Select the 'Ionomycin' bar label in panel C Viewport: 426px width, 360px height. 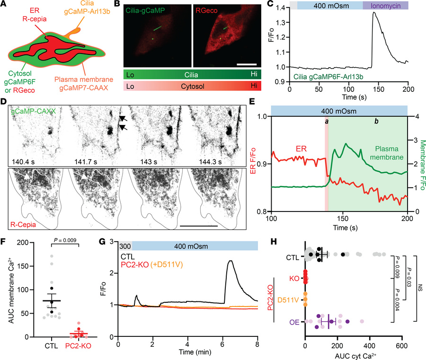(385, 6)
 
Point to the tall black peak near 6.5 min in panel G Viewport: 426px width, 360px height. (230, 261)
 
